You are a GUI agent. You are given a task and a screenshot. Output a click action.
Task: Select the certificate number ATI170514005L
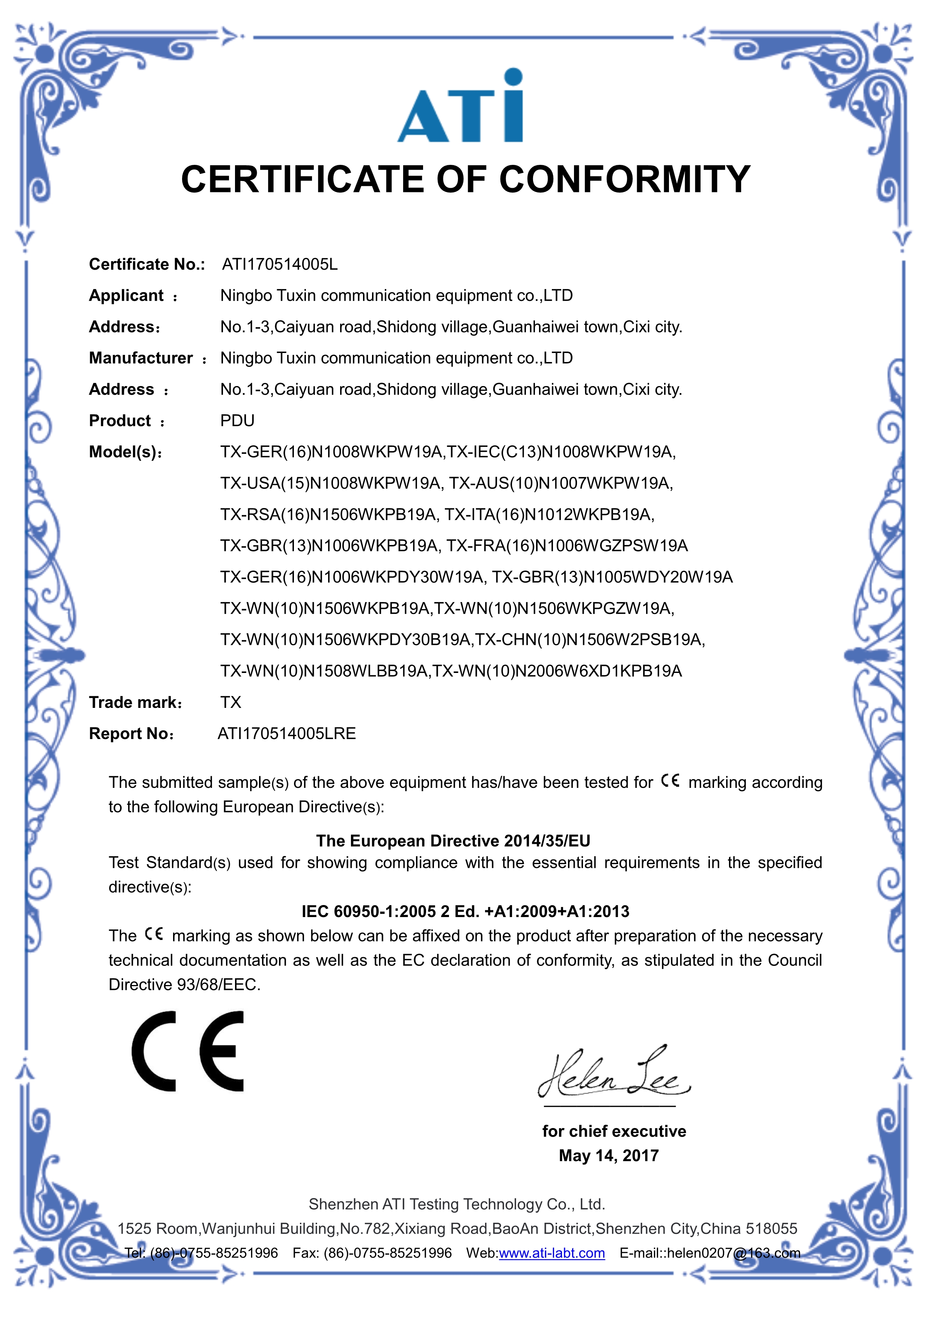[x=280, y=264]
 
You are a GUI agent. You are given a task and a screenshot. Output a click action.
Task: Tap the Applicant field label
[x=126, y=296]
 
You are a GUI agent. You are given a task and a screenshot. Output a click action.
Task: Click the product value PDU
[x=237, y=421]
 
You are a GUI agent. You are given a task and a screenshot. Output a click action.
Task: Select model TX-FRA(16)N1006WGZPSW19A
[x=567, y=546]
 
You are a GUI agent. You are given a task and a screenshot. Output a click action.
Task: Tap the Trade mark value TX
[x=231, y=702]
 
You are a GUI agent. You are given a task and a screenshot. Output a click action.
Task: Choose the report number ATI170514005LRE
[x=287, y=734]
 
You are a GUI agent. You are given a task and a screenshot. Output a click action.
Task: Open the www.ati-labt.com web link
[x=551, y=1253]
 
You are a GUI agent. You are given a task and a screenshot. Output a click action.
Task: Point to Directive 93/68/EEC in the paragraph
[x=185, y=985]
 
